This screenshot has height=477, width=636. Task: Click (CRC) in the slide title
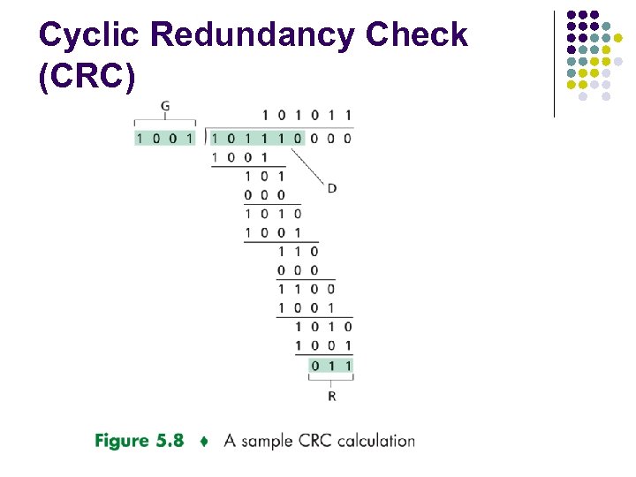pos(87,77)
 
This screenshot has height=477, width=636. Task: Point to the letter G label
pos(165,107)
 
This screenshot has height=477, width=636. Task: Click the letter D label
pos(332,188)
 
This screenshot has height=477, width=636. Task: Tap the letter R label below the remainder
pos(331,397)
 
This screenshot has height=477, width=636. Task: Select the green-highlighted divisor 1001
pos(165,138)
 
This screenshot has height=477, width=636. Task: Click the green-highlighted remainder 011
pos(331,365)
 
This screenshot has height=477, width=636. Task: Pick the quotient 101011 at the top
pos(307,115)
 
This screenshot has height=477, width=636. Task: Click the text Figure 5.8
pos(139,440)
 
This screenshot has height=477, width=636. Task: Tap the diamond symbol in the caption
pos(203,441)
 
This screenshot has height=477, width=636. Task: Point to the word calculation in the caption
pos(375,441)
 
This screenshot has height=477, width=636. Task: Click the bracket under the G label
pos(165,120)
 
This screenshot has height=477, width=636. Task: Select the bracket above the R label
pos(331,379)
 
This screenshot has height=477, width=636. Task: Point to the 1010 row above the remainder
pos(323,326)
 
